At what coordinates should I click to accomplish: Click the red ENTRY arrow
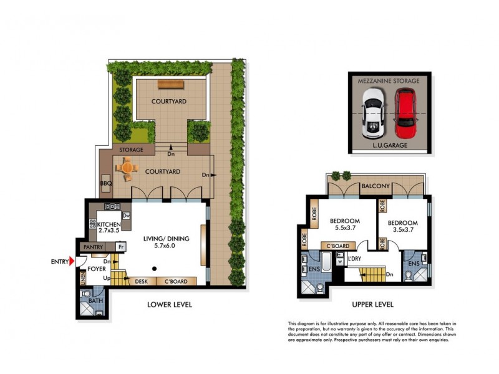tap(72, 261)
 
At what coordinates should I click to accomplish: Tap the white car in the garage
tap(373, 113)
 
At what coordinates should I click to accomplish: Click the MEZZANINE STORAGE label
tap(388, 80)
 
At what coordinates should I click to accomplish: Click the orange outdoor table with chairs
tap(127, 168)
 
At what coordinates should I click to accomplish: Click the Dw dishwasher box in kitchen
tap(125, 216)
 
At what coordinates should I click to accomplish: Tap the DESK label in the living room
tap(142, 282)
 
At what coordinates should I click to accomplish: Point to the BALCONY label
tap(375, 186)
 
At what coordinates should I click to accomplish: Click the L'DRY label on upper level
tap(356, 258)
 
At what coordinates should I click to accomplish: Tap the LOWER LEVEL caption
tap(169, 305)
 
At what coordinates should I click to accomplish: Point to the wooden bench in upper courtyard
tap(168, 84)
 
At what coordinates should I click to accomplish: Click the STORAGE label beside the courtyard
tap(132, 150)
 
